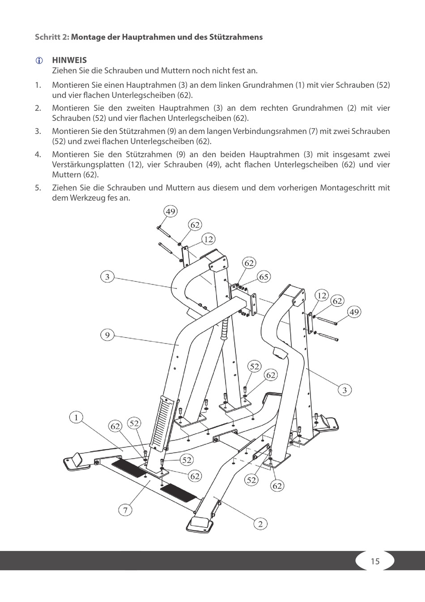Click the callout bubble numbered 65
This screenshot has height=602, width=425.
click(264, 277)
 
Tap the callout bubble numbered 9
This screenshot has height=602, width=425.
click(107, 335)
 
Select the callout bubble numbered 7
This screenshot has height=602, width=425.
click(126, 510)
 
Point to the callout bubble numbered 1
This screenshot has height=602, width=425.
click(76, 417)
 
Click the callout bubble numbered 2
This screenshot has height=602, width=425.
click(260, 524)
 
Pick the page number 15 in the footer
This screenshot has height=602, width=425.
click(375, 561)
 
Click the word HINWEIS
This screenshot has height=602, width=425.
click(69, 60)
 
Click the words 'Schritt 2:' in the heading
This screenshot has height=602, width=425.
click(52, 37)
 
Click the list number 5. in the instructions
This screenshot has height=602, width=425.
click(38, 188)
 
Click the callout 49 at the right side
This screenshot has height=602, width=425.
click(354, 312)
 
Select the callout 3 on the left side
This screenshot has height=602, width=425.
click(107, 276)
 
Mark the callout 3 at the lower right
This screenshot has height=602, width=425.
click(344, 390)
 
